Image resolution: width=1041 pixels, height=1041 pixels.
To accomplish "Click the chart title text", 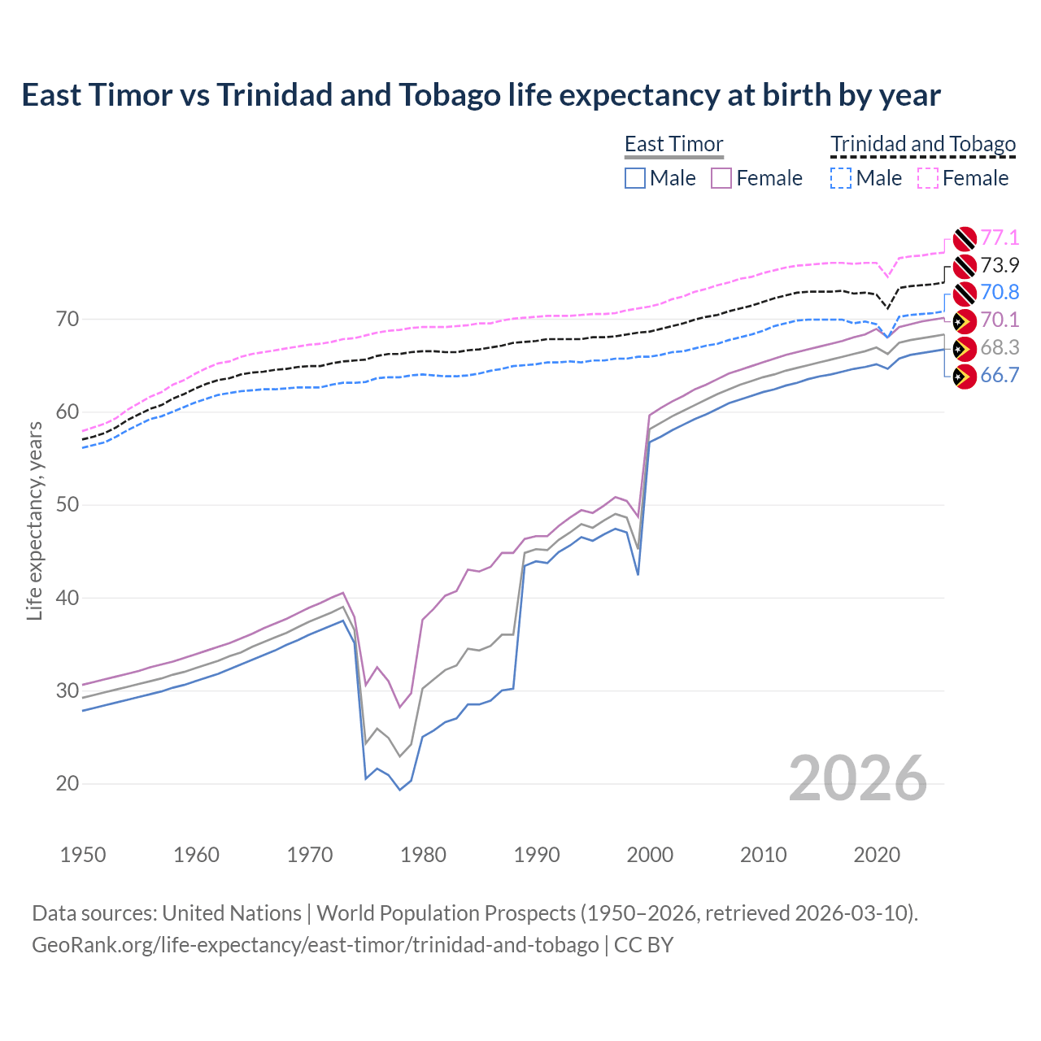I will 481,95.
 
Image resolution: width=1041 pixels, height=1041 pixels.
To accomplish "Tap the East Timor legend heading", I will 673,144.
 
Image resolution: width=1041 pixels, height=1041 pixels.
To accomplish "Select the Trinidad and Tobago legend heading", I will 923,144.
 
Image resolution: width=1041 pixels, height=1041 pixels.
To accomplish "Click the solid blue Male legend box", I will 635,178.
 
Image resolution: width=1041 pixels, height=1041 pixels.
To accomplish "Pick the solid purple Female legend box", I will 722,178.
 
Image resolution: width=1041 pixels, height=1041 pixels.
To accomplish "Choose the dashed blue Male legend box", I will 841,178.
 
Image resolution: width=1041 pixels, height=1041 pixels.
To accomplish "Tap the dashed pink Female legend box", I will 928,178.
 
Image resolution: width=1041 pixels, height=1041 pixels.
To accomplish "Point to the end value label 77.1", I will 1000,237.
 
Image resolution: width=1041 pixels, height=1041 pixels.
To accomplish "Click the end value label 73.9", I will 1000,265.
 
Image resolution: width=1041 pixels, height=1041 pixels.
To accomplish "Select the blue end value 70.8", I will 1000,292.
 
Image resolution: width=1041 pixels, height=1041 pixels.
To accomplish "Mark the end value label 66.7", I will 1000,375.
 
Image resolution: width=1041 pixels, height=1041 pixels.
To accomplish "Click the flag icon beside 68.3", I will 964,349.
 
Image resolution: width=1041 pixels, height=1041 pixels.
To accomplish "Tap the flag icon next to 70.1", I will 964,321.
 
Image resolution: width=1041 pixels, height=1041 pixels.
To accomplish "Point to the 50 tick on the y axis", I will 68,504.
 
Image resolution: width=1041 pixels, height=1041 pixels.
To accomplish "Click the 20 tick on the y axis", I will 68,783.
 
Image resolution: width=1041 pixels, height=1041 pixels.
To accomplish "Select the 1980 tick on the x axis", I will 423,855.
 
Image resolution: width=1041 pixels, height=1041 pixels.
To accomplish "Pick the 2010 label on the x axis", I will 763,855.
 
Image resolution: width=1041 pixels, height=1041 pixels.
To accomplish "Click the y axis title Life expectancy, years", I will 35,520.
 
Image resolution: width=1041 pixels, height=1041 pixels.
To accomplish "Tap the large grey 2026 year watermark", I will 857,778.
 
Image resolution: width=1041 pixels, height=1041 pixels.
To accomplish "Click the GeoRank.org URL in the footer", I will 316,945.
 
